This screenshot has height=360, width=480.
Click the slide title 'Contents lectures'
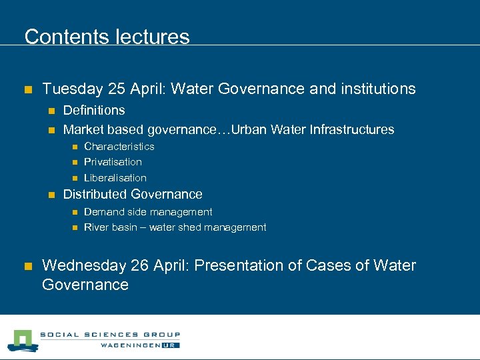(x=107, y=37)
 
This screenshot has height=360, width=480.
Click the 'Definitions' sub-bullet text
(x=94, y=110)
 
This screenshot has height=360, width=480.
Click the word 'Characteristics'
(x=119, y=147)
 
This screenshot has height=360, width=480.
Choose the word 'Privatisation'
(x=113, y=162)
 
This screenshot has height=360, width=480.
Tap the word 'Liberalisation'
(x=115, y=178)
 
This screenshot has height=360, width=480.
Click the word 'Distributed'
(x=95, y=195)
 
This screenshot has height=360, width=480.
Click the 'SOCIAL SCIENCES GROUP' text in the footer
(x=109, y=335)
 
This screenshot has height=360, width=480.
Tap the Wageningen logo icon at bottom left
(x=22, y=340)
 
